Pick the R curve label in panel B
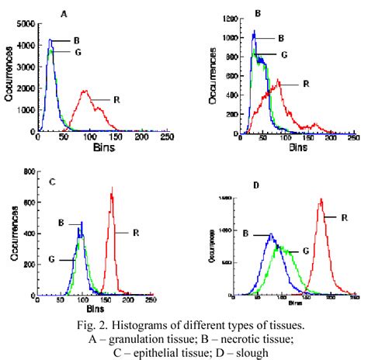pyautogui.click(x=305, y=84)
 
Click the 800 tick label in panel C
pyautogui.click(x=26, y=171)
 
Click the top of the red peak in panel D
pyautogui.click(x=321, y=199)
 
